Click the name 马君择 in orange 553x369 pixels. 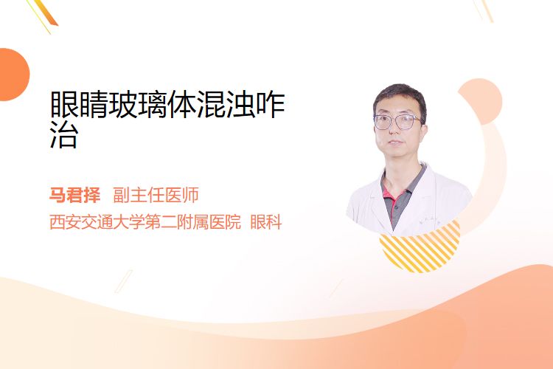coord(74,195)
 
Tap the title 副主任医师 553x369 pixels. coord(156,195)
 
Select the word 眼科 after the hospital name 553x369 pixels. coord(266,221)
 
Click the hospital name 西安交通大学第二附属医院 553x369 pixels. coord(145,221)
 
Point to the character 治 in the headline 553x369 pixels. coord(64,134)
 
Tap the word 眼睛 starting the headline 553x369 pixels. coord(79,104)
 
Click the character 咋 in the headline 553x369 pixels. coord(270,104)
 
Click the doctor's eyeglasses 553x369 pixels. coord(397,122)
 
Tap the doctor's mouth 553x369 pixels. coord(395,142)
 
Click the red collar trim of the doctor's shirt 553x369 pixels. coord(392,197)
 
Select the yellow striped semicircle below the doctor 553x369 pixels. coord(420,247)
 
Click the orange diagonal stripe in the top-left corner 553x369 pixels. coord(46,13)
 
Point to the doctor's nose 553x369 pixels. coord(394,129)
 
